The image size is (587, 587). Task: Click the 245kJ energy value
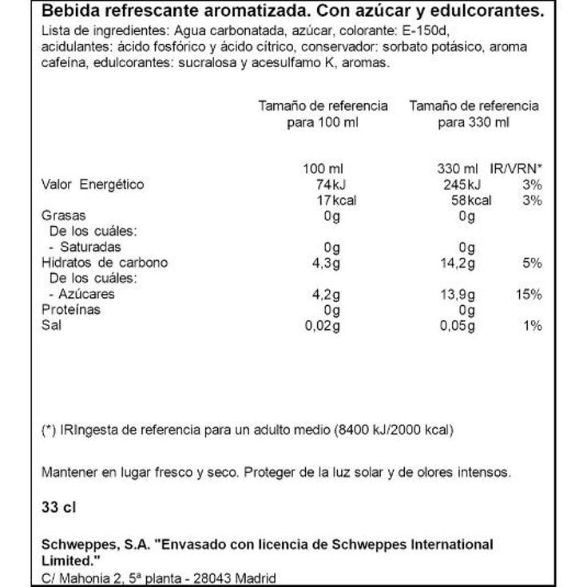462,184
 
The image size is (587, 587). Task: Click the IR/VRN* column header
516,169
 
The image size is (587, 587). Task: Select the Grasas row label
63,216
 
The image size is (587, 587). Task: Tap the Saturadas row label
94,247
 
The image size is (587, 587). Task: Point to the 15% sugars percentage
529,294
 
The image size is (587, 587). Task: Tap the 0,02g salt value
323,325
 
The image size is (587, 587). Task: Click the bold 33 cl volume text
57,507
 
